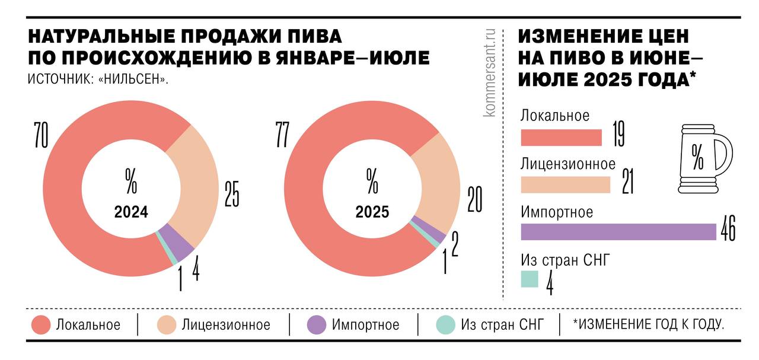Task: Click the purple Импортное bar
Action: pos(618,232)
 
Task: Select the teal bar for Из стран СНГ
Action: pos(530,279)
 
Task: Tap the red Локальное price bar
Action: pos(561,138)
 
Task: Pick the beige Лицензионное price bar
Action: pos(565,185)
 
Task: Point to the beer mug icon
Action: pos(704,158)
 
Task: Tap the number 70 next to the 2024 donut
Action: pos(40,135)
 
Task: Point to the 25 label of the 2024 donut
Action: pos(231,194)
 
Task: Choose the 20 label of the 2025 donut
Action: pos(474,200)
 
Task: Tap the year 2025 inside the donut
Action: pos(372,212)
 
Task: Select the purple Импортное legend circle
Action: pos(317,325)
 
